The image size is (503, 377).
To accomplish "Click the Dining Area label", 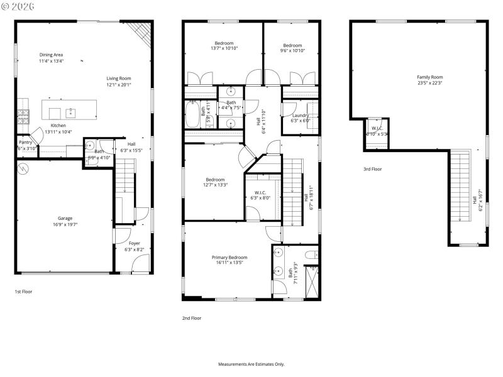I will [51, 55].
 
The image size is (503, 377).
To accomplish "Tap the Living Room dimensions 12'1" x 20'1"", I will [118, 85].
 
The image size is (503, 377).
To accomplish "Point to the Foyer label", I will [135, 243].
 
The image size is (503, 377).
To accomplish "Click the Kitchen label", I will [58, 126].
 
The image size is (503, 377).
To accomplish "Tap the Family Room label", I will [429, 77].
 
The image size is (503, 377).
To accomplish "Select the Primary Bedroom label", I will [229, 257].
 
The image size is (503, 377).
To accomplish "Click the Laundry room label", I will [300, 116].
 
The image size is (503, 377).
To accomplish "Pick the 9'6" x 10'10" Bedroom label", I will [292, 45].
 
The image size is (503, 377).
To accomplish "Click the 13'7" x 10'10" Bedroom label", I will [223, 43].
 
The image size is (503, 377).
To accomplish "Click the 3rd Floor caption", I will [372, 169].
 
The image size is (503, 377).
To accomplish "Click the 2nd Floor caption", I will [191, 319].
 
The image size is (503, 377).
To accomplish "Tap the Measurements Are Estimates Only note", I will [251, 364].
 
